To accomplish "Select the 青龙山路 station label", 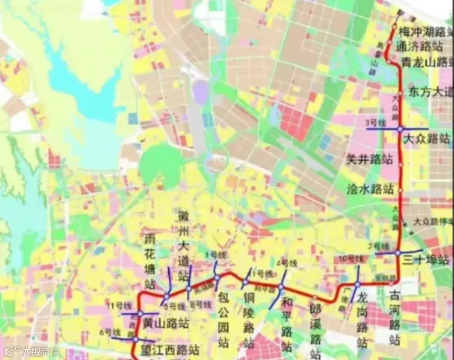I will coord(427,61).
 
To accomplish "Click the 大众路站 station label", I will coord(427,139).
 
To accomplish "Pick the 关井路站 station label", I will coord(370,160).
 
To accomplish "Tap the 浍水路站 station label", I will coord(370,189).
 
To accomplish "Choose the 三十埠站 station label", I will coord(426,260).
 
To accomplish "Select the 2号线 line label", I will coord(379,246).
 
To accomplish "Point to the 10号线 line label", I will coord(351,259).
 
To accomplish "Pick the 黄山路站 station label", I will coord(166,323).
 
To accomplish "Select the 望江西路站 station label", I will coord(170,349).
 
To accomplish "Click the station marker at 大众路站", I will coord(400,129).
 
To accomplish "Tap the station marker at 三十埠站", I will coord(398,253).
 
